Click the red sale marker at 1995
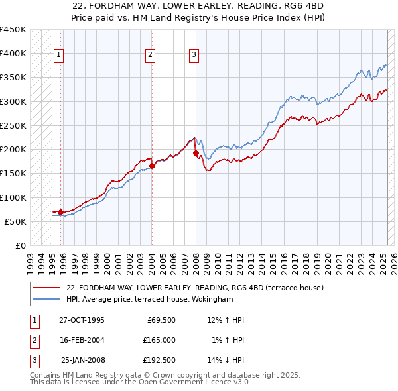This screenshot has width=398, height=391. pyautogui.click(x=60, y=212)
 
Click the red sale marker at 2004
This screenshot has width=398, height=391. pyautogui.click(x=152, y=166)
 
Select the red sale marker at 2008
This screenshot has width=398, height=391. pyautogui.click(x=196, y=153)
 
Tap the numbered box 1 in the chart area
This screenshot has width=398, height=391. pyautogui.click(x=59, y=55)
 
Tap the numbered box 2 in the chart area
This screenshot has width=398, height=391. pyautogui.click(x=151, y=55)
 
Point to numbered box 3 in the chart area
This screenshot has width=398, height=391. pyautogui.click(x=194, y=55)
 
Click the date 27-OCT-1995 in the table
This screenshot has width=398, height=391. pyautogui.click(x=82, y=320)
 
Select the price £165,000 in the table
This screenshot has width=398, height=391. pyautogui.click(x=159, y=340)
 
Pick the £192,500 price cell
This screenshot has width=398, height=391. pyautogui.click(x=159, y=360)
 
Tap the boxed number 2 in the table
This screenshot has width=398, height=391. pyautogui.click(x=34, y=340)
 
